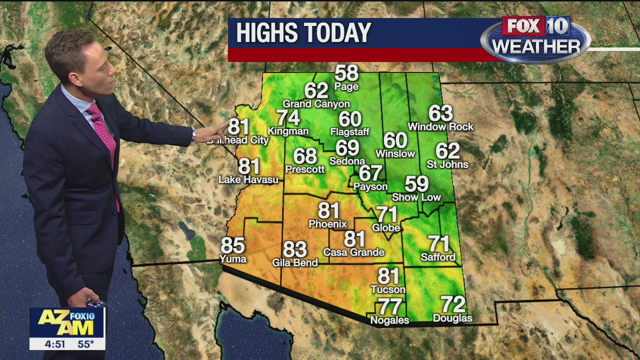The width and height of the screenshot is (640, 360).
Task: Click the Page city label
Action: click(x=346, y=87)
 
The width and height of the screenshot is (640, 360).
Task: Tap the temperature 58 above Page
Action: click(x=346, y=73)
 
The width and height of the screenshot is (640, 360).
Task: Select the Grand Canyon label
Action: click(x=316, y=104)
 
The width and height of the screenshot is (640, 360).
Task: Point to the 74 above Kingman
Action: click(x=288, y=118)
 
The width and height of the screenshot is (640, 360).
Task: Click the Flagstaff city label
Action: click(x=350, y=132)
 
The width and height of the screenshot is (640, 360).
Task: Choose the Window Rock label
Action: click(x=440, y=127)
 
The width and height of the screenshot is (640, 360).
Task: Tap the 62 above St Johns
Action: click(x=447, y=150)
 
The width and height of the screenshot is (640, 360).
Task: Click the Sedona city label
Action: click(x=347, y=161)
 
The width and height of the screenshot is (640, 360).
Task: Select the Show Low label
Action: click(x=416, y=197)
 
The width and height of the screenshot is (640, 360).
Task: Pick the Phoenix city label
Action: click(x=328, y=224)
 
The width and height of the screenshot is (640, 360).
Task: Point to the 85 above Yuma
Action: click(x=233, y=245)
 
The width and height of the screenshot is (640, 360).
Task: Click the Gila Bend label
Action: click(x=295, y=262)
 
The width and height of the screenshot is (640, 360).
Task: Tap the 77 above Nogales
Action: click(x=389, y=306)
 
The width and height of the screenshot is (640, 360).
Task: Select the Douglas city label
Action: click(x=452, y=318)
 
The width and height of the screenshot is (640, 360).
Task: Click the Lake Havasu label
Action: click(x=248, y=179)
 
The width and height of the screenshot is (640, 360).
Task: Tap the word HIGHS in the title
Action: click(x=267, y=33)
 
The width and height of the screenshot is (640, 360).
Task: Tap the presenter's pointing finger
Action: click(x=220, y=127)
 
